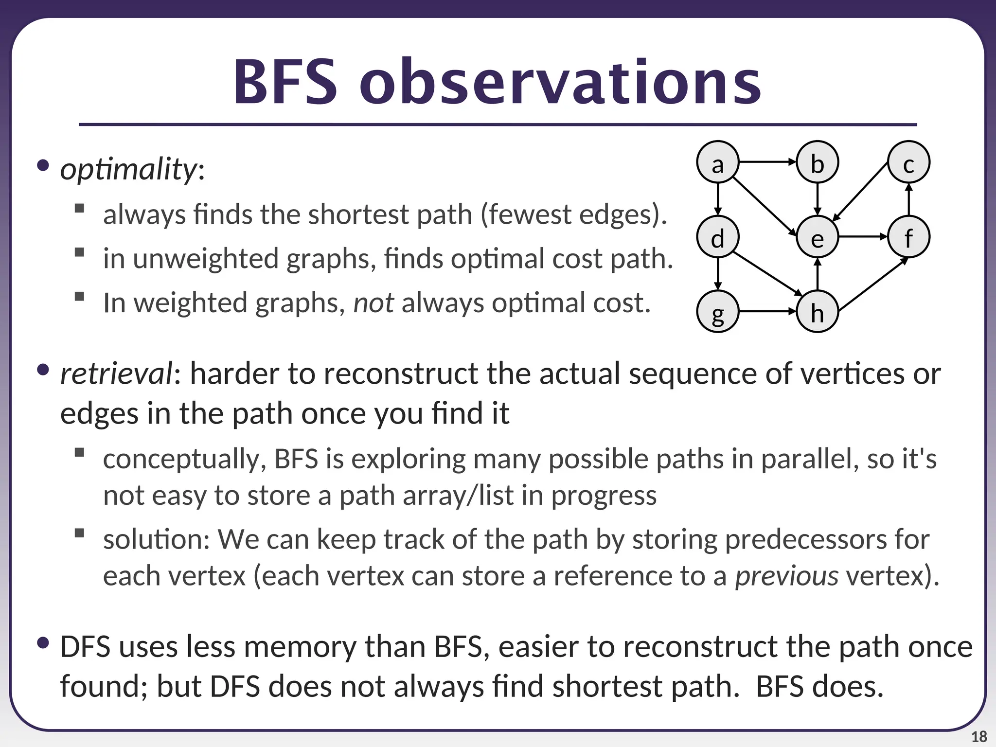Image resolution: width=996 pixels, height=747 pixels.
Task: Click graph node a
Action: tap(718, 162)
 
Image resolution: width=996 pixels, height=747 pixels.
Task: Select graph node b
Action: tap(818, 162)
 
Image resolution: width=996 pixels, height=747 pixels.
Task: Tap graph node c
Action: tap(908, 162)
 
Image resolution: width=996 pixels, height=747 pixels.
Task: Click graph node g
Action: tap(718, 311)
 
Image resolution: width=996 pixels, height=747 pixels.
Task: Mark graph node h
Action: tap(818, 311)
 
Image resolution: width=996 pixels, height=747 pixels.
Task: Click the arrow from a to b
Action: tap(767, 162)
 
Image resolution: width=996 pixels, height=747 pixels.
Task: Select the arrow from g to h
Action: tap(767, 311)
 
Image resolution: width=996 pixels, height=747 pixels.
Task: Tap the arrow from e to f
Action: tap(863, 237)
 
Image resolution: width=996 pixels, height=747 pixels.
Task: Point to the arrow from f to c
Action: tap(908, 199)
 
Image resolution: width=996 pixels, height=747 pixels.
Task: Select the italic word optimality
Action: tap(128, 169)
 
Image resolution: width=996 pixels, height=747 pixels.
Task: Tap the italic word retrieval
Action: tap(116, 373)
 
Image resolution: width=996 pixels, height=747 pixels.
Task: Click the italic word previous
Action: tap(786, 576)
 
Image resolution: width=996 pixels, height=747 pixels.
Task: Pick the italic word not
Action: tap(373, 302)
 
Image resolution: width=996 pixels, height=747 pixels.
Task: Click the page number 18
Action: tap(978, 737)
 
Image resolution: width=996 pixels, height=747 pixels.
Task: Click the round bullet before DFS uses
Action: tap(43, 643)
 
